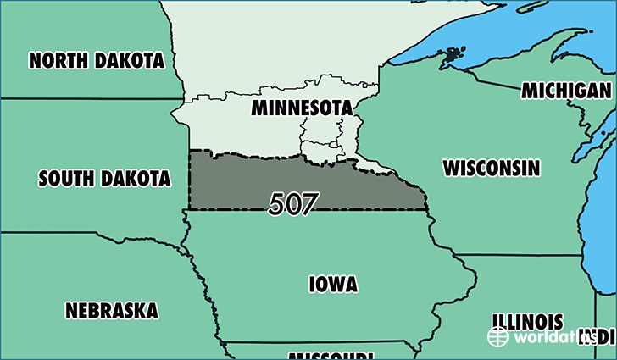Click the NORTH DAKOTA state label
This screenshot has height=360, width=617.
point(96,61)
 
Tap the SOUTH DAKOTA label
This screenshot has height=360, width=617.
point(104,179)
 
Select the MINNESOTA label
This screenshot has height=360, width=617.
point(301,109)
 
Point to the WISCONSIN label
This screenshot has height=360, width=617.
point(491,168)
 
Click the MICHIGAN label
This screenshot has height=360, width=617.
point(567,91)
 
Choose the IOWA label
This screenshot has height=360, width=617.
point(333,284)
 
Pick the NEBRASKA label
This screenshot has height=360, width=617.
point(111,311)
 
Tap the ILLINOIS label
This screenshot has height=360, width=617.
point(526,322)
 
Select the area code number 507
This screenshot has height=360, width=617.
point(293,203)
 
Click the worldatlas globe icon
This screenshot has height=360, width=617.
point(497,336)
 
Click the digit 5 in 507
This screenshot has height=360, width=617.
point(277,203)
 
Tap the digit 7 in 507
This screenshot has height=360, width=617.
point(309,203)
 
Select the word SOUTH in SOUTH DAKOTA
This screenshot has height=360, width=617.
point(65,179)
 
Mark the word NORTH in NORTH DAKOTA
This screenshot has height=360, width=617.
point(57,61)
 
